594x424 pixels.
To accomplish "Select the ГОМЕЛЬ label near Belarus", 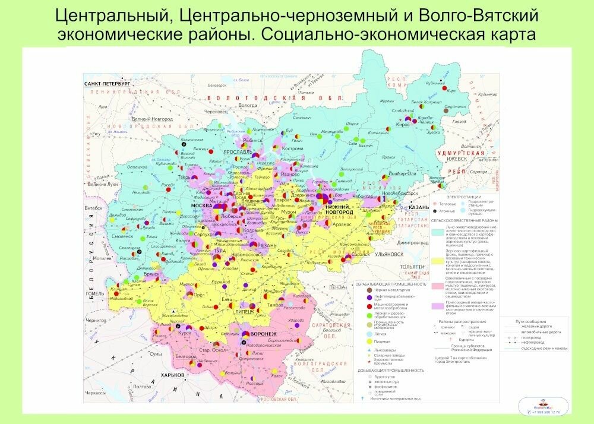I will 94,293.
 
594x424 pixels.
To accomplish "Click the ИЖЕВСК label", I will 458,159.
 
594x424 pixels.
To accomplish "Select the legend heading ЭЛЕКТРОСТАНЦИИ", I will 461,197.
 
